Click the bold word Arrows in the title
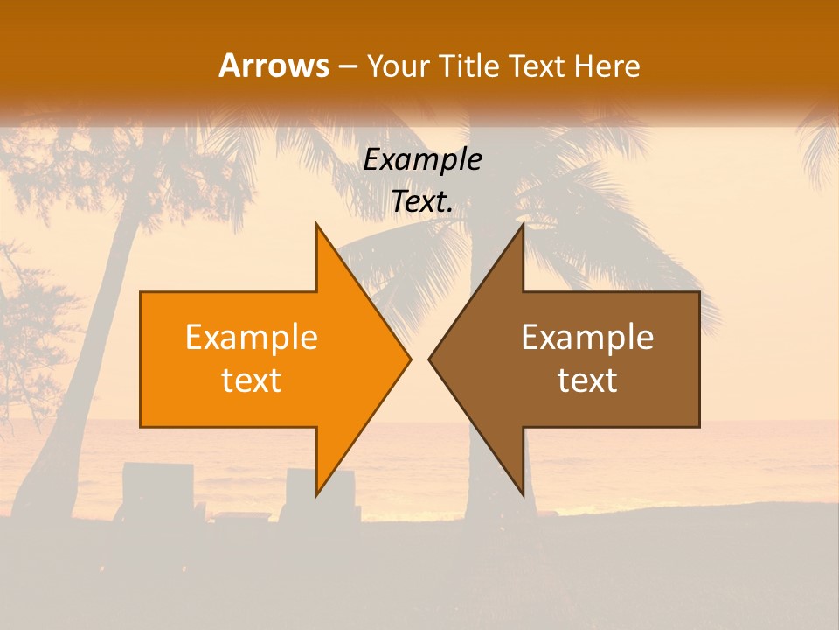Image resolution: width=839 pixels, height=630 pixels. pos(274,66)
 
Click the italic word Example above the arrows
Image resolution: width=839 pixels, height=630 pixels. pos(422,159)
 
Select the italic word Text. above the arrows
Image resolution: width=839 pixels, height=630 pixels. pos(422,201)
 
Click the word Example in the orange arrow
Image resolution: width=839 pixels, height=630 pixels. pos(252,338)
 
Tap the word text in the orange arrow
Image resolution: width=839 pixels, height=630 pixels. pos(252,381)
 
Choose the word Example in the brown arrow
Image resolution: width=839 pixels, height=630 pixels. pos(587,338)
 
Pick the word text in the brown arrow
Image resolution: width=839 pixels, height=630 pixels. pos(587,381)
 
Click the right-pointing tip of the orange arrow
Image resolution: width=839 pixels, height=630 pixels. pos(409,360)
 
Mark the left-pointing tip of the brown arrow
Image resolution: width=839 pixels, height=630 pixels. pos(430,360)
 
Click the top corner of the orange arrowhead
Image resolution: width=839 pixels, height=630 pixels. pos(317,226)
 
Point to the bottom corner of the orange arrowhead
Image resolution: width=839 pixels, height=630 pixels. pos(317,494)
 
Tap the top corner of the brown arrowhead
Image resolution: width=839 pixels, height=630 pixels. pos(523,226)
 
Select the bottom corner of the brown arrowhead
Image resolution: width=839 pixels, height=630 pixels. pos(523,494)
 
